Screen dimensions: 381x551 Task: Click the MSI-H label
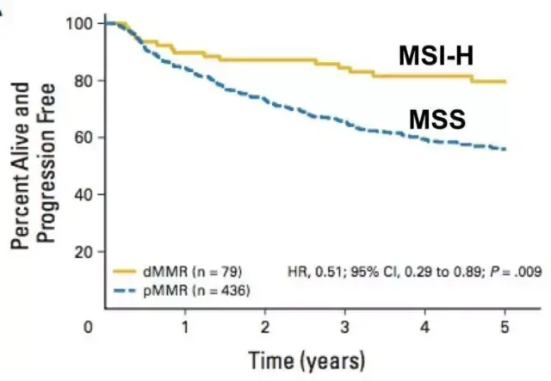click(x=438, y=57)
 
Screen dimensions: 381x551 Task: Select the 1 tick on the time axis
click(x=184, y=326)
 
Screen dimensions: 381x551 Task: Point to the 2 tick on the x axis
click(x=264, y=326)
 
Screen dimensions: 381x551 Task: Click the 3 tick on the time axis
click(x=344, y=326)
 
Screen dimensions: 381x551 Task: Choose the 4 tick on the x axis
click(x=424, y=326)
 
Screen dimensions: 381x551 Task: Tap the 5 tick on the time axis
click(x=505, y=326)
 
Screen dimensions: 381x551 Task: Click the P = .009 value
click(x=508, y=273)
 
